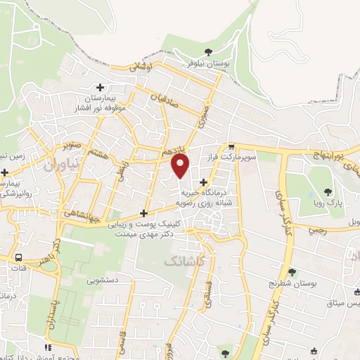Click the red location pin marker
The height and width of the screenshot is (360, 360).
181,166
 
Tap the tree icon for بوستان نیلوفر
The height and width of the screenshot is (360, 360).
208,51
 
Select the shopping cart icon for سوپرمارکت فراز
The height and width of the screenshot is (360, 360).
231,147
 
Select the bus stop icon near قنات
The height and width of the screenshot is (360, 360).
18,257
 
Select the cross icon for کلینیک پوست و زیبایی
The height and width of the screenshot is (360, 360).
144,213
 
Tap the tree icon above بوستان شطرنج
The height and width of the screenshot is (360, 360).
292,272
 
